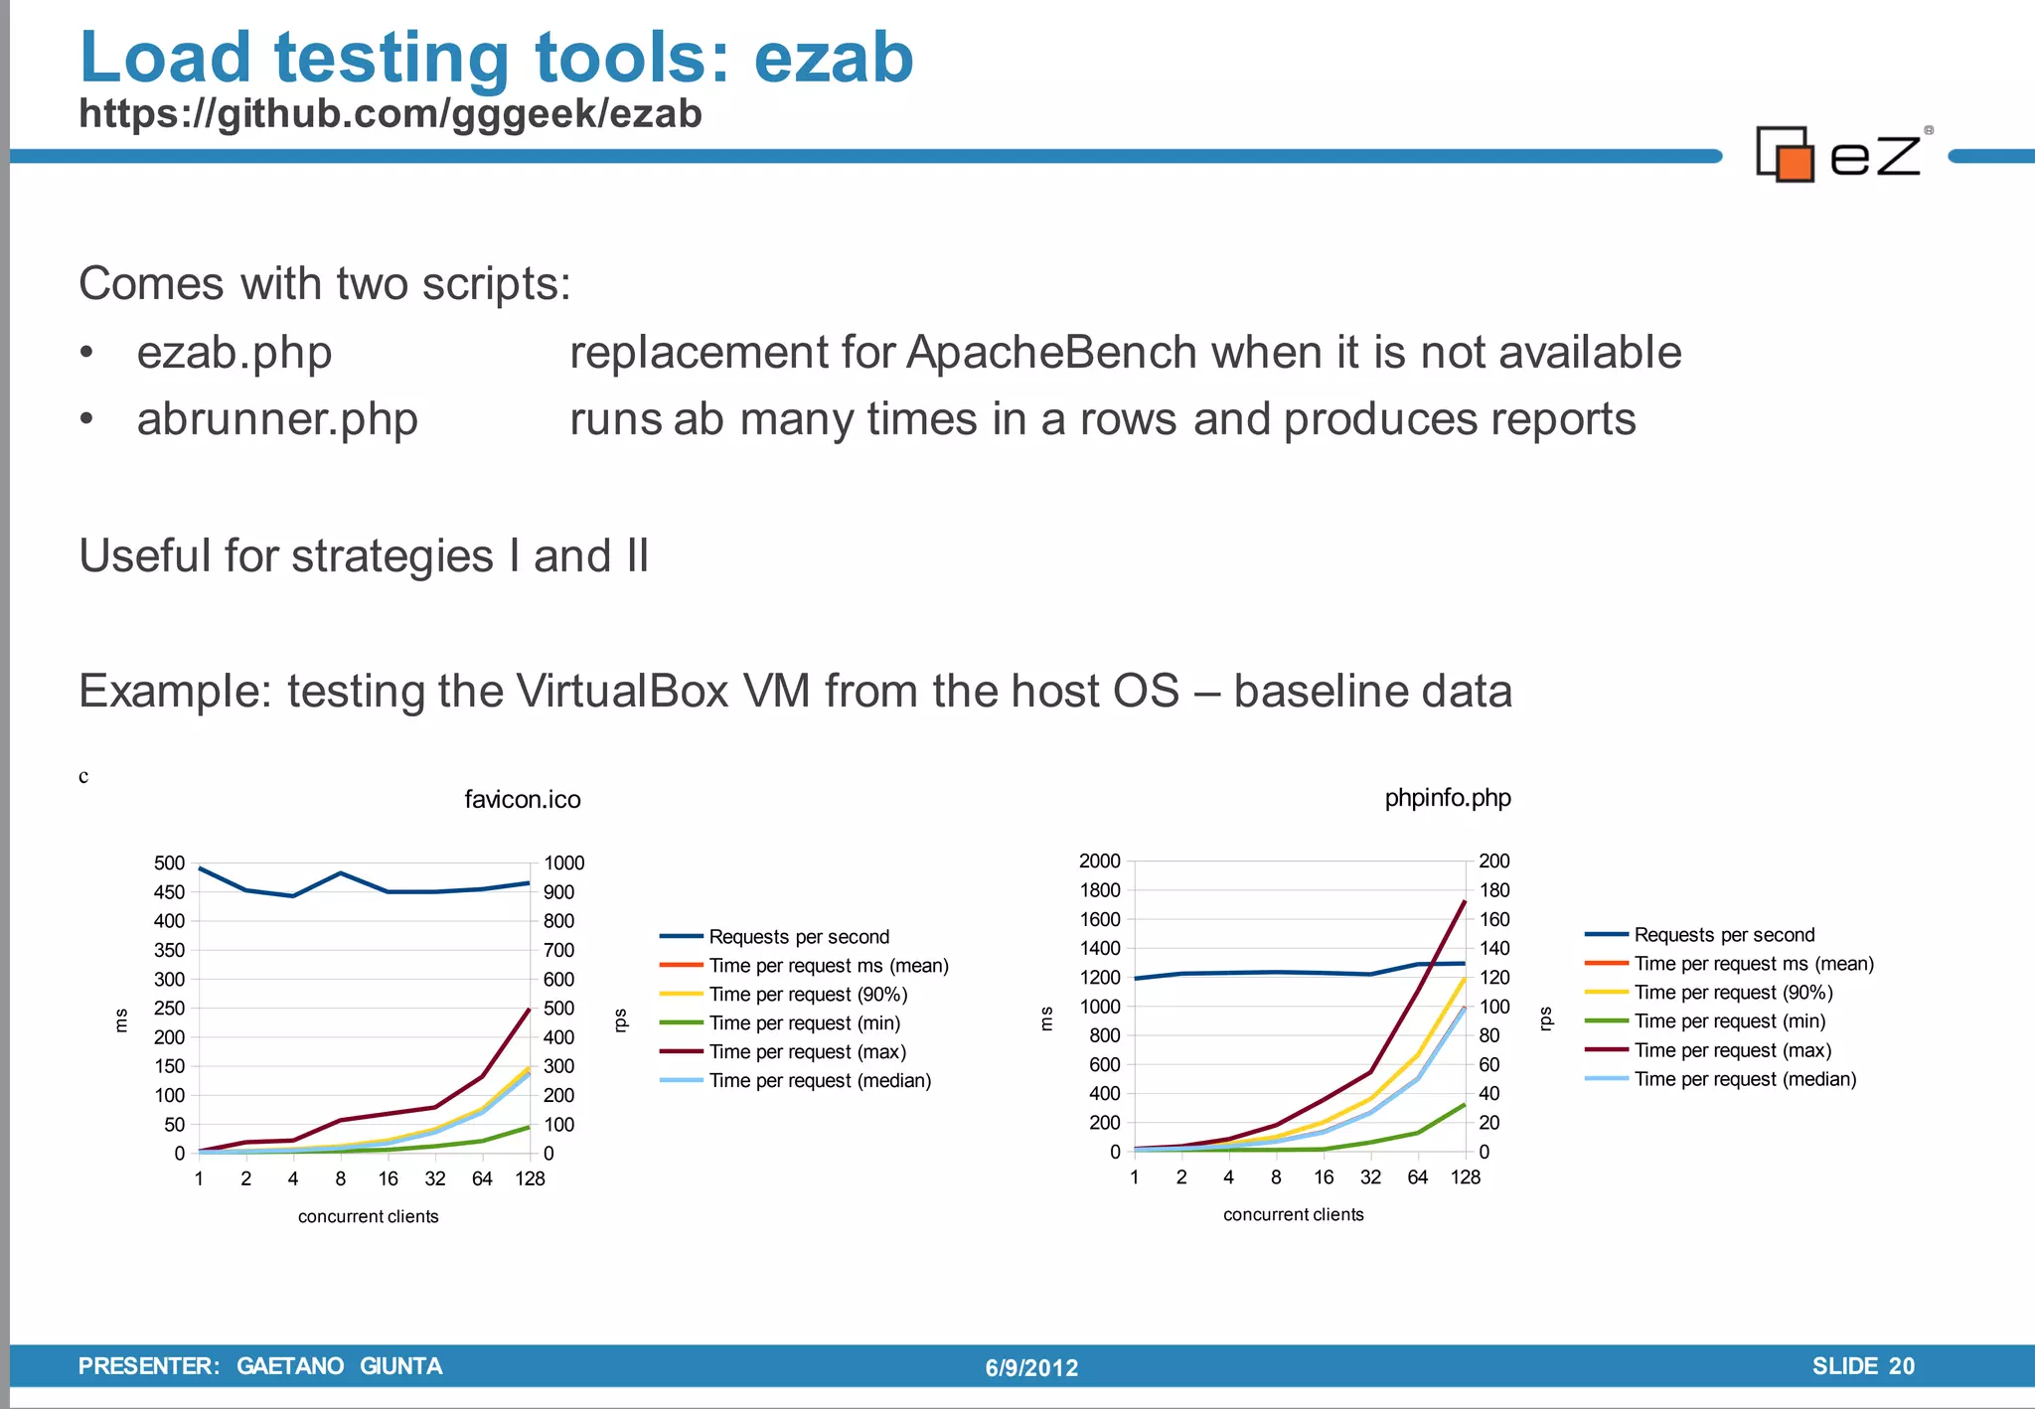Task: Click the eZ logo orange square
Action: point(1796,163)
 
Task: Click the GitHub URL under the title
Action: point(390,113)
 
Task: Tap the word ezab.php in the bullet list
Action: point(234,353)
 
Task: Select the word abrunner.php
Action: point(277,419)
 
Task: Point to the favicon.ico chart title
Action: point(522,800)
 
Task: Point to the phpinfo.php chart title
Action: point(1447,798)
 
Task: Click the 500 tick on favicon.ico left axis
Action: point(169,862)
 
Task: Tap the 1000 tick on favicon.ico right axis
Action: point(563,862)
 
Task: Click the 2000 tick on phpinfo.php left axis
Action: point(1099,861)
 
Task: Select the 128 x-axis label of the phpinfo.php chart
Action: point(1465,1177)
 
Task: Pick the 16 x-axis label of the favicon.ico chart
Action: point(388,1179)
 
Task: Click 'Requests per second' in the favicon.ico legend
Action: point(798,937)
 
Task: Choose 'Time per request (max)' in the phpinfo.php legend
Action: point(1732,1050)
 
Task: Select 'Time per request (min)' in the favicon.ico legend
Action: point(804,1023)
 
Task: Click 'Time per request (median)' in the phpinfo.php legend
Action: point(1745,1079)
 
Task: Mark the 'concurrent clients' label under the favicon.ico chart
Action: point(368,1216)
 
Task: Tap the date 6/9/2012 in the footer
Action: point(1031,1368)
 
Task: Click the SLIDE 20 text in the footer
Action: point(1862,1366)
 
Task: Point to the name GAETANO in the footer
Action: point(290,1366)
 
